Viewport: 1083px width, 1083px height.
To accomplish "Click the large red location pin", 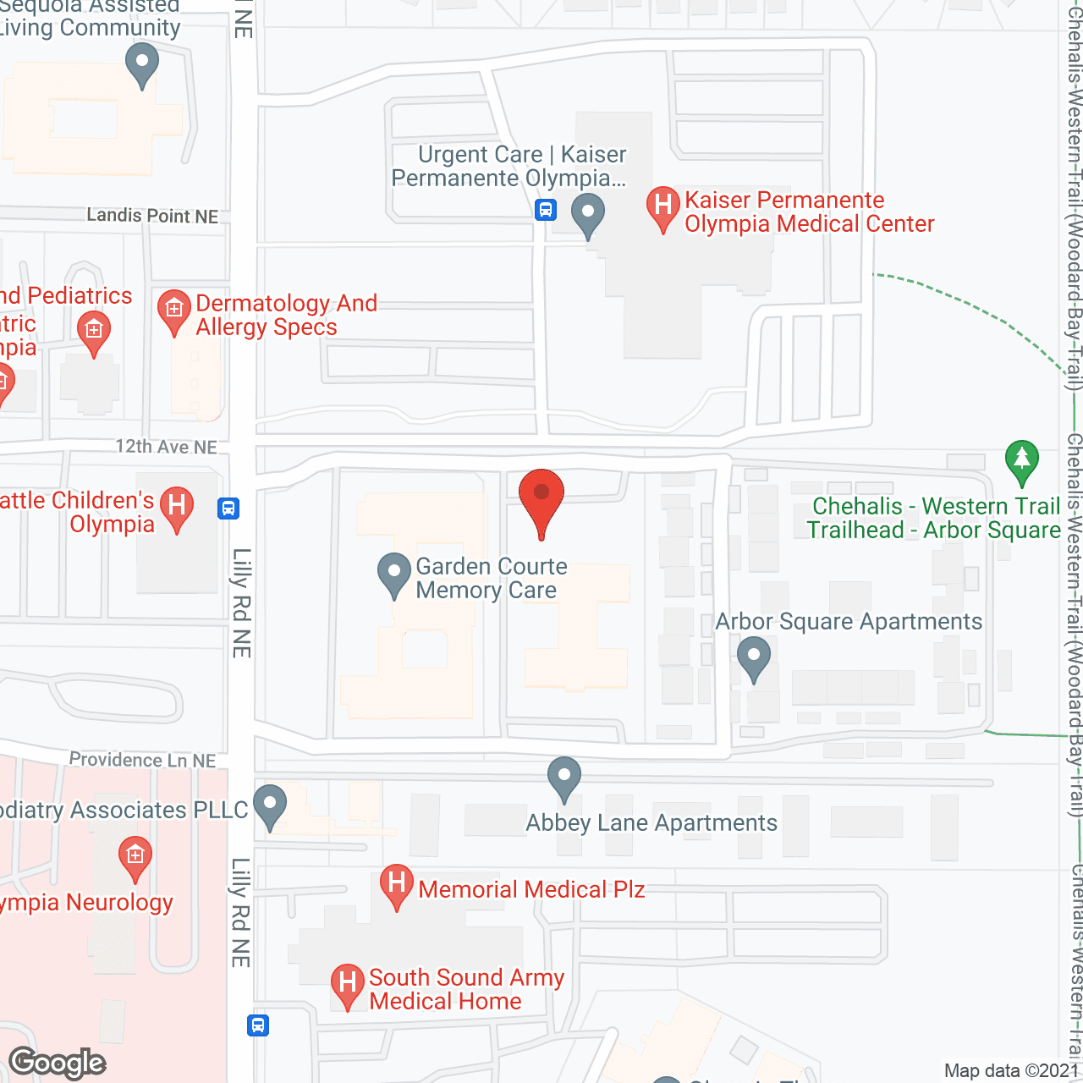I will pos(541,499).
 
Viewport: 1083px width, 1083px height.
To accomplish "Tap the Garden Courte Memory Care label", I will pos(491,579).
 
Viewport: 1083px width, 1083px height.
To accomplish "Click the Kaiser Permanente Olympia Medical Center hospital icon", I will pos(663,206).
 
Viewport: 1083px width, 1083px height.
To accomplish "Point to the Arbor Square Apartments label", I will pos(849,621).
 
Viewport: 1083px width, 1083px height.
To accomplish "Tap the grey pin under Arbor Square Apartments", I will pos(753,657).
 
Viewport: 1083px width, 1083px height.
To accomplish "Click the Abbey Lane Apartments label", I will pos(651,822).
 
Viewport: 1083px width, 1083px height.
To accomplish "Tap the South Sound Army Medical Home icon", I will pos(347,983).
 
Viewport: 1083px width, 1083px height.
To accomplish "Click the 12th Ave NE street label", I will pos(167,447).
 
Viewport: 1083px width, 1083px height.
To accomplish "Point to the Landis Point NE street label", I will pos(152,216).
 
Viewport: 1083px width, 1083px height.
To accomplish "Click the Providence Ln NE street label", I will pos(142,760).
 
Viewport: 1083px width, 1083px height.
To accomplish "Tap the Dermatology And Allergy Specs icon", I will pos(174,311).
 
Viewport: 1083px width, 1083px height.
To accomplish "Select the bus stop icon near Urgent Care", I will pos(546,209).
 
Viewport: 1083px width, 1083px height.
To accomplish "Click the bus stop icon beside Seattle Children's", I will pos(228,509).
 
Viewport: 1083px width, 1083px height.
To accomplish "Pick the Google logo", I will pos(58,1063).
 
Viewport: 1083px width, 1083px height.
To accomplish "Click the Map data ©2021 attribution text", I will pos(1012,1071).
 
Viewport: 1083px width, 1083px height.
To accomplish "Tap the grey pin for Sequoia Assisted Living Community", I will pos(142,64).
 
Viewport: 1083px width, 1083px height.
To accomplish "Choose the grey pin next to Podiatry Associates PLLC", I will pos(270,805).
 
